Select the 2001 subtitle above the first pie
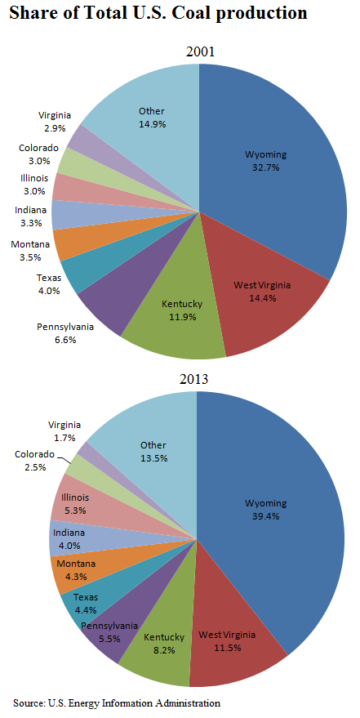[198, 51]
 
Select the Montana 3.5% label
[30, 250]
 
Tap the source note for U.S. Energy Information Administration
[117, 702]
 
